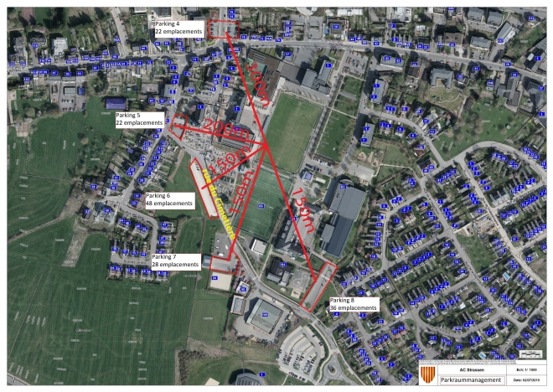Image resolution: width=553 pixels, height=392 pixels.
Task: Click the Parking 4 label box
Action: tap(179, 27)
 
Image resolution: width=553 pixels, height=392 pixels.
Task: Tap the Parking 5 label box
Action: tap(139, 118)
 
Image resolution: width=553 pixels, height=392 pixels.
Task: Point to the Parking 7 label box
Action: tap(175, 260)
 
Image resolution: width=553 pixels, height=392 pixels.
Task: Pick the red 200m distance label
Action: tap(219, 128)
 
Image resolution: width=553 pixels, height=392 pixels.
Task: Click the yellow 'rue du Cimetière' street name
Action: tap(215, 200)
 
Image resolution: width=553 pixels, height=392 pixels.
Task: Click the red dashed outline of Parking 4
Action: tap(223, 28)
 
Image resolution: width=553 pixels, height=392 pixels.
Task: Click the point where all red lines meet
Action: tap(267, 144)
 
